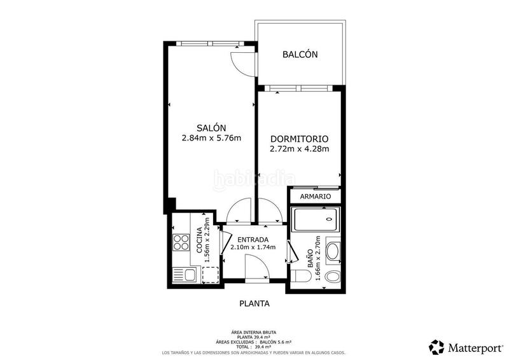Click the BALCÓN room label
pyautogui.click(x=300, y=55)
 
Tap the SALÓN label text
pyautogui.click(x=211, y=127)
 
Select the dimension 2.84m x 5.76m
pyautogui.click(x=211, y=138)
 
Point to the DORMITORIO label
pyautogui.click(x=299, y=139)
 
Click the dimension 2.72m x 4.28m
pyautogui.click(x=299, y=149)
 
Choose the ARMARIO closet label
pyautogui.click(x=316, y=197)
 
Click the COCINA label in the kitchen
pyautogui.click(x=200, y=240)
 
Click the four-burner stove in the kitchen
pyautogui.click(x=181, y=243)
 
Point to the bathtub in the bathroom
pyautogui.click(x=316, y=220)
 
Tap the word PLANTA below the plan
pyautogui.click(x=254, y=303)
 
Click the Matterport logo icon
pyautogui.click(x=436, y=347)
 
